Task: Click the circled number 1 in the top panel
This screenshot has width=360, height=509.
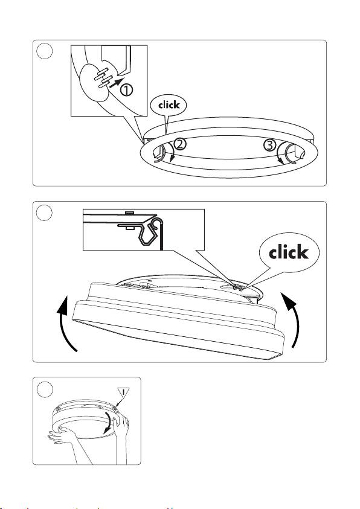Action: point(127,90)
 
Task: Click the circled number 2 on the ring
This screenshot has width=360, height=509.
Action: point(180,144)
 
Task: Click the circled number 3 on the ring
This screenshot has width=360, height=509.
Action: point(269,145)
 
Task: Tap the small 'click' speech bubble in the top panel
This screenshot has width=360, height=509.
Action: point(169,105)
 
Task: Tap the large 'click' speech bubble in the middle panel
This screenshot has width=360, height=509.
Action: point(289,252)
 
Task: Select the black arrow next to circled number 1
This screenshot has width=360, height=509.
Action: point(117,83)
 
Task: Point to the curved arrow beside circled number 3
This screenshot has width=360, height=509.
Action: point(280,153)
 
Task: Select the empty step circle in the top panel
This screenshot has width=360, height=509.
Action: point(45,51)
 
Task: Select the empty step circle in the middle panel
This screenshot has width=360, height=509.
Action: point(45,213)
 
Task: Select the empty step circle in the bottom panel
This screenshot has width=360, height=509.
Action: point(45,389)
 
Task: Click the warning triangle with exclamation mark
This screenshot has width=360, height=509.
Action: point(123,392)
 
